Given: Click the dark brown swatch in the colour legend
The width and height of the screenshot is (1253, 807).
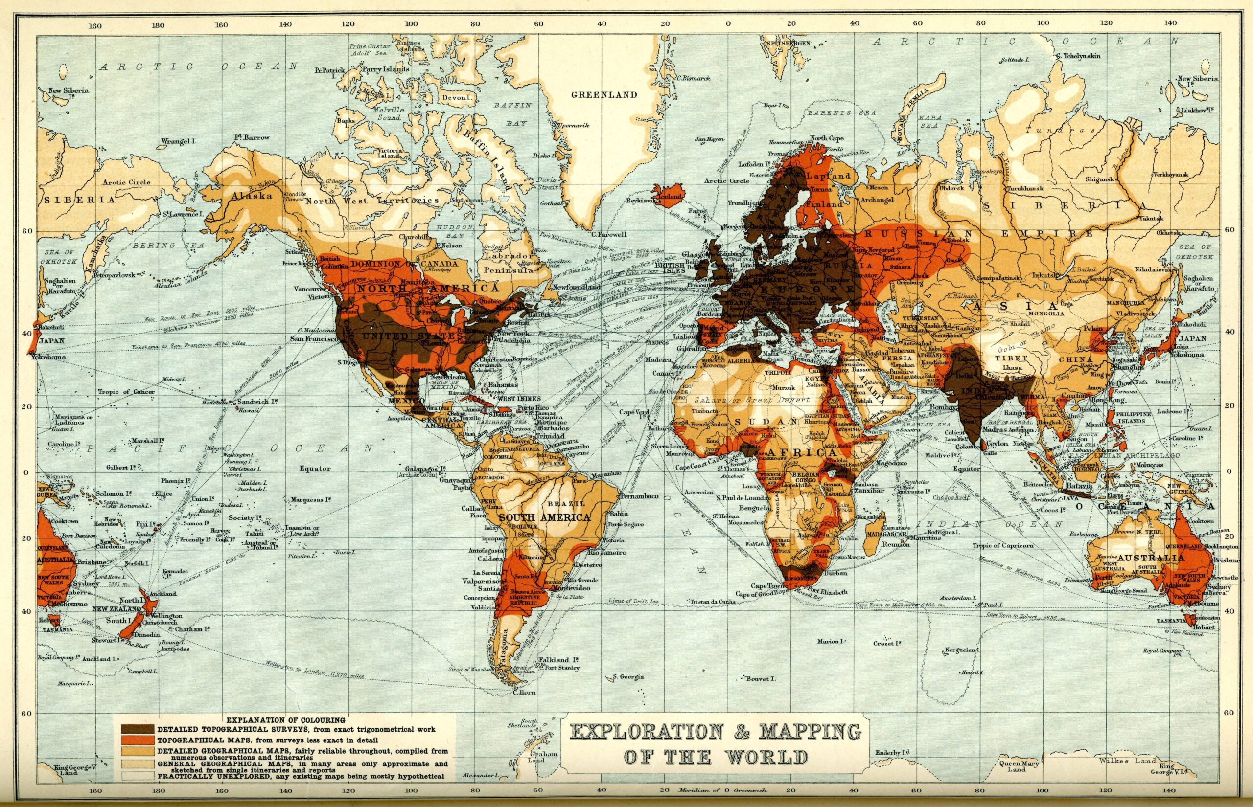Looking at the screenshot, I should (138, 729).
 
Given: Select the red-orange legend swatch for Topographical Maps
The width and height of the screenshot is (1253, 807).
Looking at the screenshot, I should (138, 740).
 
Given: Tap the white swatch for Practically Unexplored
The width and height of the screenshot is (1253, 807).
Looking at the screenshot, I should (138, 777).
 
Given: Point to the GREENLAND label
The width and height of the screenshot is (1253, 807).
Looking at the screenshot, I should (604, 95).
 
